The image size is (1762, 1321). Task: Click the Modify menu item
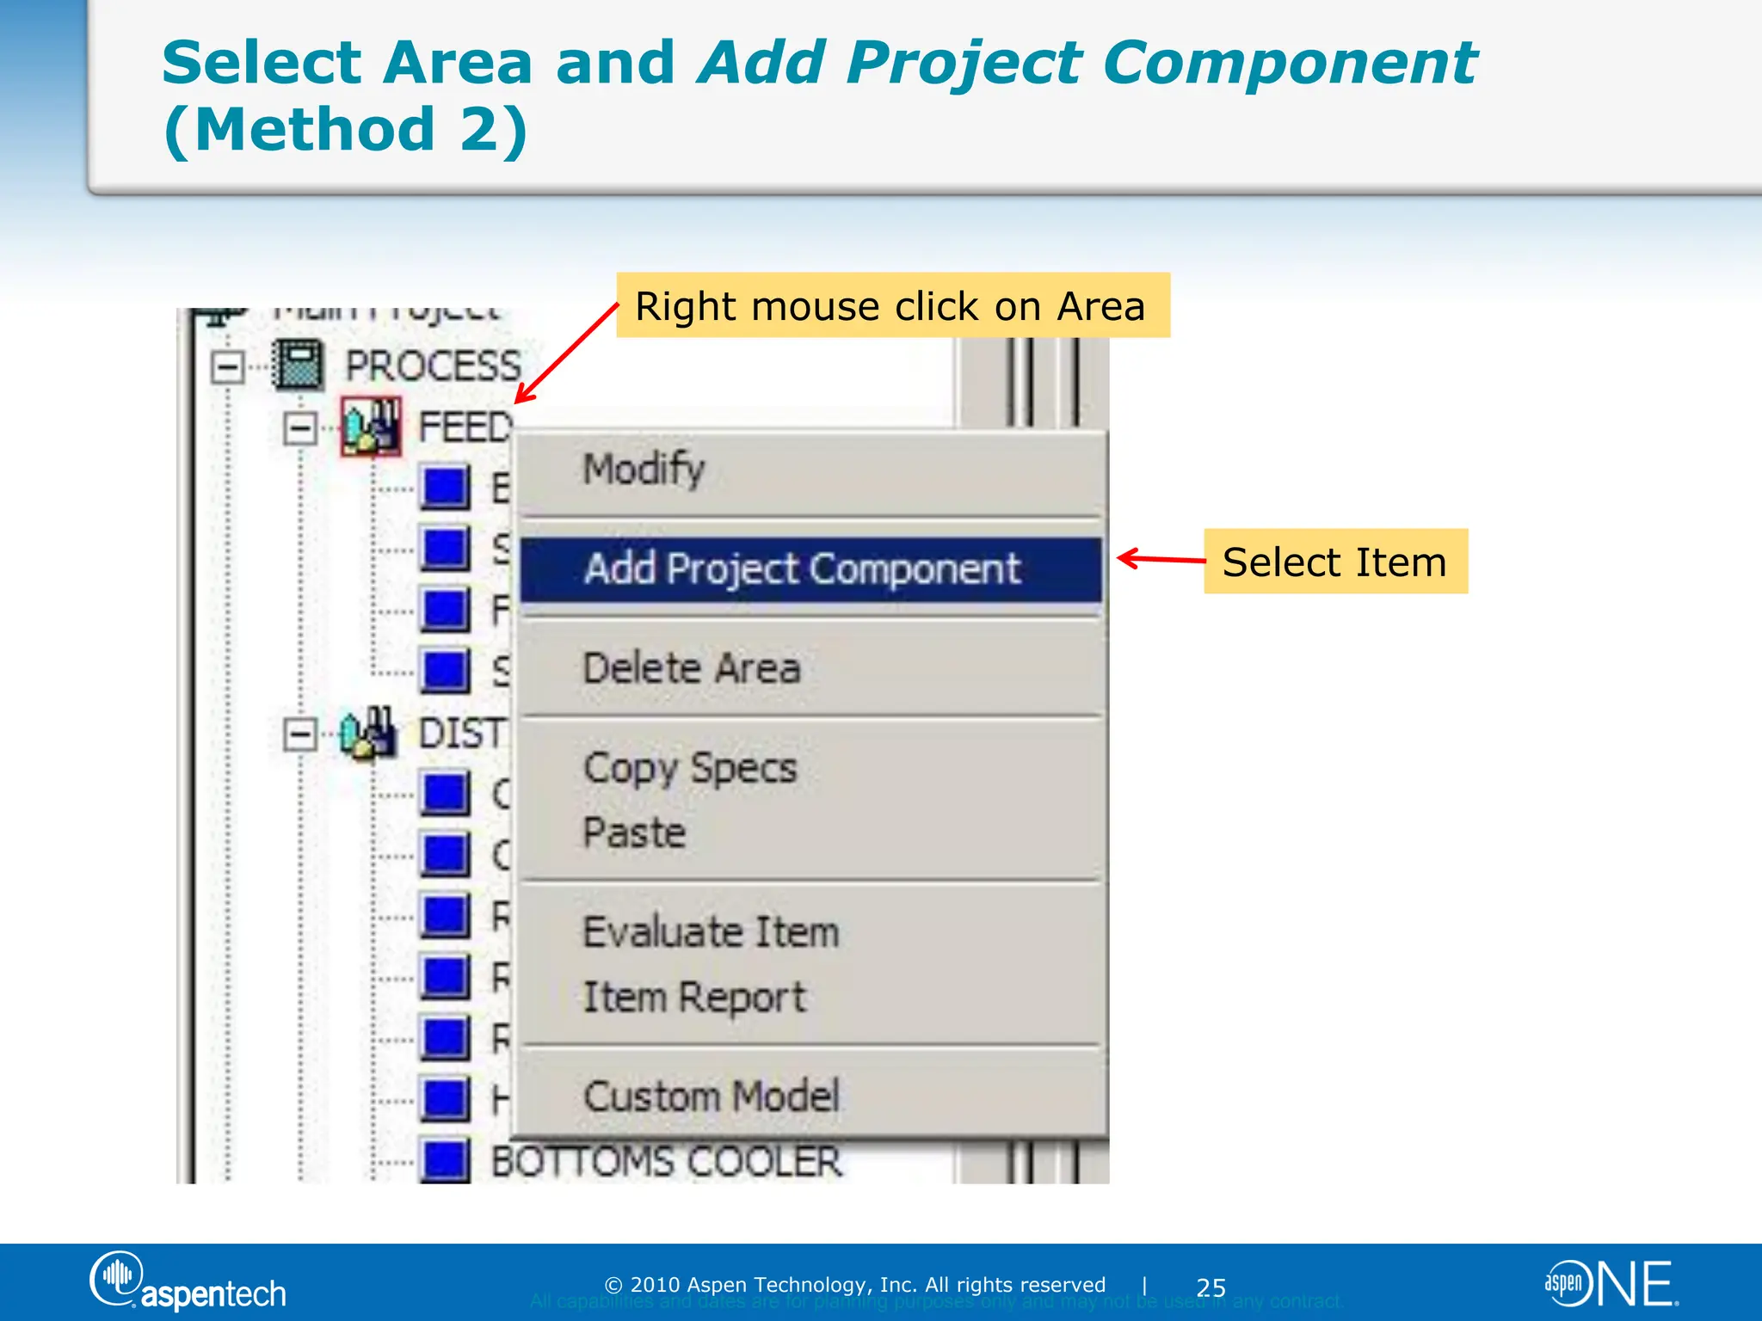click(644, 470)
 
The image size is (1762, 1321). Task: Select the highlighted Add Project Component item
click(802, 569)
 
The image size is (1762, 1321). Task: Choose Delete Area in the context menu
click(692, 669)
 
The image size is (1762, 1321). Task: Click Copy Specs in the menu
click(690, 768)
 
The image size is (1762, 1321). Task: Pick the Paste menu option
click(634, 833)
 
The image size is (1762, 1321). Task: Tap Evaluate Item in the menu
click(711, 932)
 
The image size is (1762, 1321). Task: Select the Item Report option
click(694, 998)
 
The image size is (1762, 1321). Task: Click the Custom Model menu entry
click(711, 1097)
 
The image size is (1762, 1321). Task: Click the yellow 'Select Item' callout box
click(1335, 562)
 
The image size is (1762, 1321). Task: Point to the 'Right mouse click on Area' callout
click(892, 306)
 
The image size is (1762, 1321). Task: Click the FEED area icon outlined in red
click(371, 427)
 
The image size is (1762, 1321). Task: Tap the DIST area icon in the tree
click(368, 734)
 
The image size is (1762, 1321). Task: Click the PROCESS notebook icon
click(298, 366)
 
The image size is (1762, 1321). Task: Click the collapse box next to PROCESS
click(227, 367)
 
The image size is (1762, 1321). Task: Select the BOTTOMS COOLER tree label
click(666, 1162)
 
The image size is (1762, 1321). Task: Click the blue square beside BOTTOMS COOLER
click(445, 1160)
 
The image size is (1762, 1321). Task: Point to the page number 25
click(1211, 1287)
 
